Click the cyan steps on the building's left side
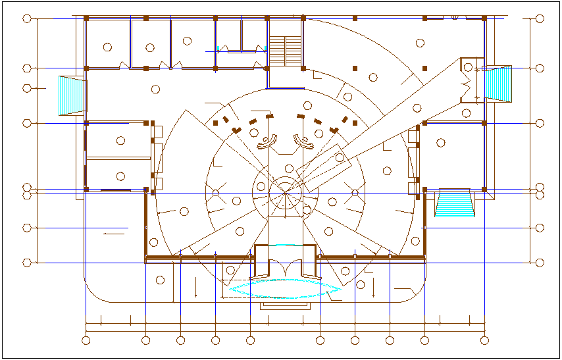72,95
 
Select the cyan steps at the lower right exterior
454,203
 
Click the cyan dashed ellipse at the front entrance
284,289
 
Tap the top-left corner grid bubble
27,18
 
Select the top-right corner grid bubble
540,18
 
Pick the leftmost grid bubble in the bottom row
86,340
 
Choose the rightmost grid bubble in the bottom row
485,340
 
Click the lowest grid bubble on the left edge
27,263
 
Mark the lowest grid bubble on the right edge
540,263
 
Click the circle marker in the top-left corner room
107,47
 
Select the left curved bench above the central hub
268,141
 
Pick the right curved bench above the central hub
303,141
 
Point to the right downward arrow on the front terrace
373,287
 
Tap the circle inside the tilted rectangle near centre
340,158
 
